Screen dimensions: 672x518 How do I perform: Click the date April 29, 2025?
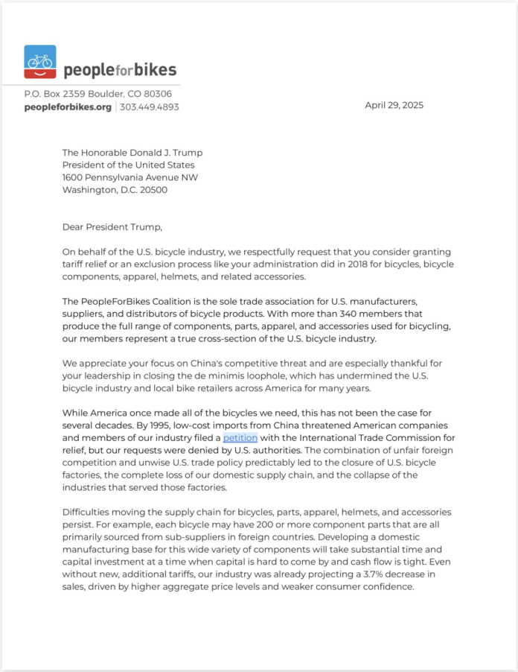click(394, 105)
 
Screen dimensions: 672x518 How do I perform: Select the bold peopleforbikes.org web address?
click(68, 107)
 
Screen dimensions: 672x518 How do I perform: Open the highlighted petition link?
click(240, 438)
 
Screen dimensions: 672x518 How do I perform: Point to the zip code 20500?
click(153, 190)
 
